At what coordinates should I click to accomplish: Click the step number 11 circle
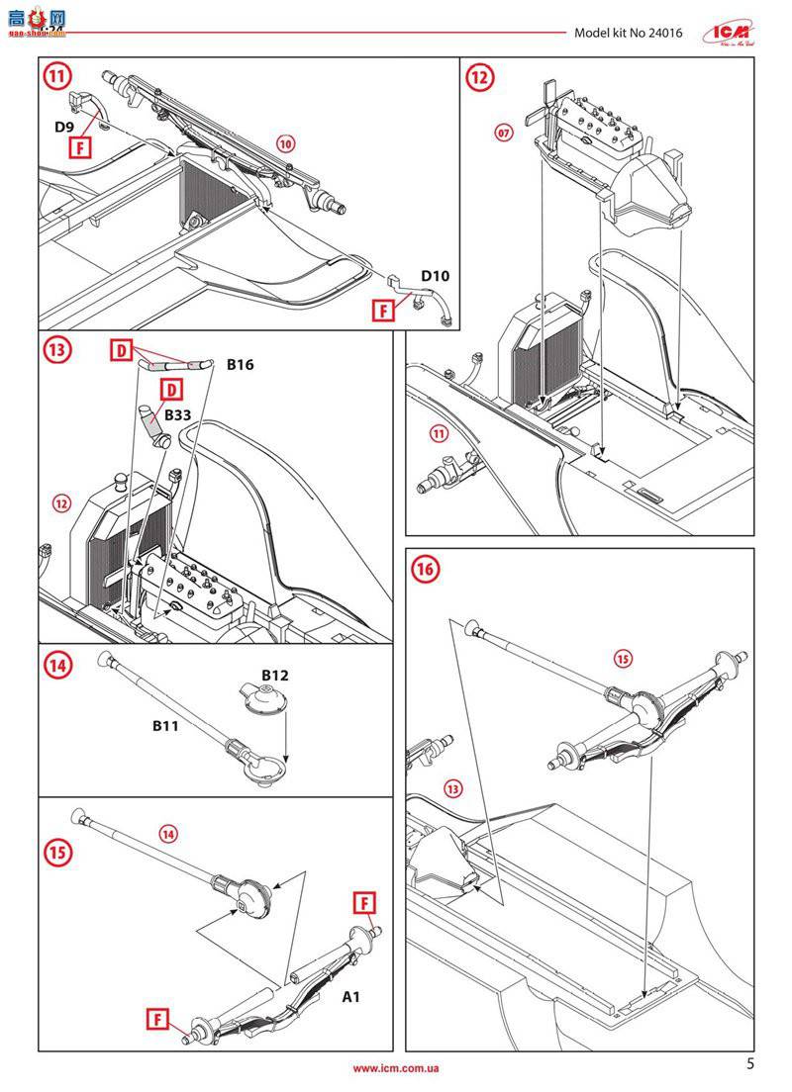tap(60, 76)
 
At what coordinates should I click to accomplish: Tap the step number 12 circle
tap(480, 76)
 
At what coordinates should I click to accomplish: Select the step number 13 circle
tap(60, 351)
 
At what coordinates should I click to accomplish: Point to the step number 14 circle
tap(60, 666)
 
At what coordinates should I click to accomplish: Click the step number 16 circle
tap(426, 569)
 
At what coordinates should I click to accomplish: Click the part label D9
tap(64, 127)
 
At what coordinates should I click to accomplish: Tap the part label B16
tap(241, 365)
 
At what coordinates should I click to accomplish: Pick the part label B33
tap(178, 415)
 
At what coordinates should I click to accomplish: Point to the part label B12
tap(274, 675)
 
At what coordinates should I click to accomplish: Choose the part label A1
tap(350, 996)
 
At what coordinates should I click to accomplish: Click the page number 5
tap(749, 1064)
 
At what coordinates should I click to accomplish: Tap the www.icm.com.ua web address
tap(396, 1068)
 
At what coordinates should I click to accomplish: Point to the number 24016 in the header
tap(664, 32)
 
